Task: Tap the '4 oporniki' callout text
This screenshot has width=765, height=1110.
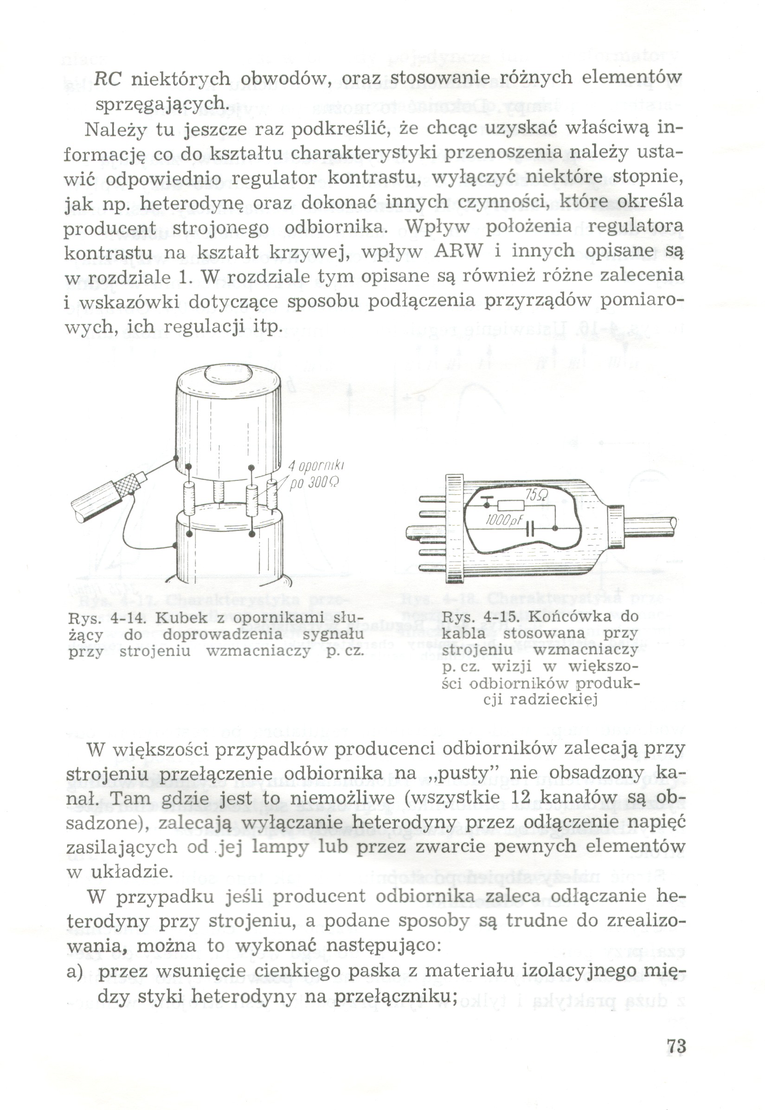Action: tap(317, 466)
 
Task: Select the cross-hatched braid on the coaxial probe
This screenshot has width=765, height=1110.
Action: tap(126, 485)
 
